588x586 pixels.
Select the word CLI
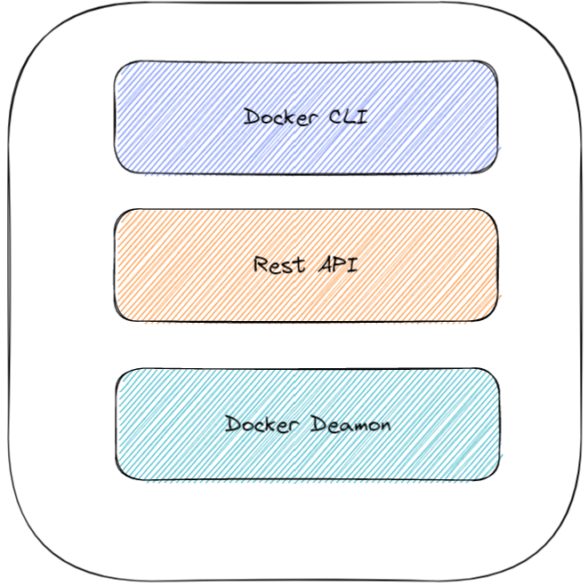[x=346, y=116]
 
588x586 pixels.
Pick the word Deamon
[x=350, y=424]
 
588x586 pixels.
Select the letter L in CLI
[x=347, y=116]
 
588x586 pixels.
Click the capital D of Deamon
[x=318, y=424]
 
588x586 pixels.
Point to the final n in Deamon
[x=384, y=426]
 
